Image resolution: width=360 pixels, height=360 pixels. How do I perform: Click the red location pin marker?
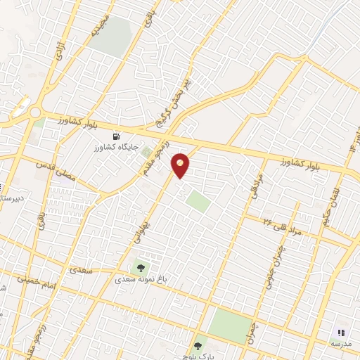[x=181, y=165]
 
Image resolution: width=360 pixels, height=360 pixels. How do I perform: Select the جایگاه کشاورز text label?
[x=115, y=149]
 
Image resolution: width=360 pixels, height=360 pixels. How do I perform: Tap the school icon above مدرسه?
[x=342, y=333]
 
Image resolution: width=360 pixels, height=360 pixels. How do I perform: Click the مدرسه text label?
[x=341, y=344]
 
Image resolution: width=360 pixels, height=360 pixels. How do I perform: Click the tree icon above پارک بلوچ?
[x=198, y=345]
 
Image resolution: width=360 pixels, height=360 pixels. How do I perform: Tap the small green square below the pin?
[x=198, y=202]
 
